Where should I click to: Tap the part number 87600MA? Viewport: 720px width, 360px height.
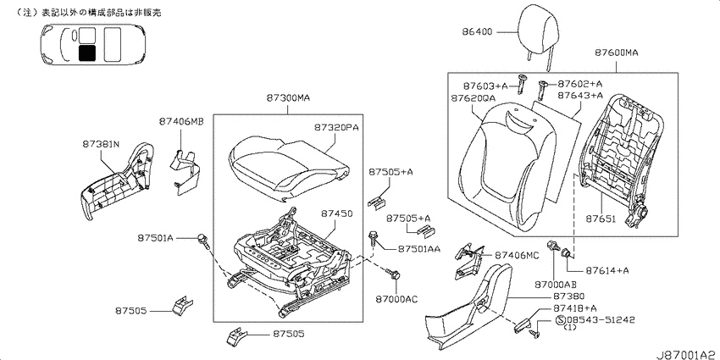pyautogui.click(x=617, y=53)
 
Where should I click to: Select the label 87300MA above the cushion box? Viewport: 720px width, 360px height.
pyautogui.click(x=288, y=97)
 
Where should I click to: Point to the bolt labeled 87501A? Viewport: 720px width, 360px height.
pyautogui.click(x=204, y=241)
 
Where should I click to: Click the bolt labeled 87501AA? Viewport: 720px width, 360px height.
pyautogui.click(x=373, y=239)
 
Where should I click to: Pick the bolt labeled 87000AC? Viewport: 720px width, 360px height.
pyautogui.click(x=392, y=274)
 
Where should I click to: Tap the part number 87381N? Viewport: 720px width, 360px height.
pyautogui.click(x=101, y=144)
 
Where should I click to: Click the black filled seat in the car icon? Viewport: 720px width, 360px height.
pyautogui.click(x=87, y=53)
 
